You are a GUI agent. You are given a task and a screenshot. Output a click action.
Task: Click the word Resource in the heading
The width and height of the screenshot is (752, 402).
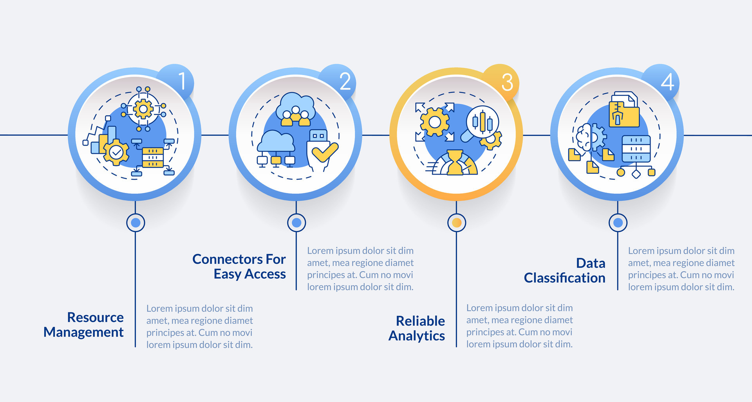click(x=95, y=317)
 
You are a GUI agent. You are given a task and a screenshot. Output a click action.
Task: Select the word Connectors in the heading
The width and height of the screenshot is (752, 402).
click(x=228, y=259)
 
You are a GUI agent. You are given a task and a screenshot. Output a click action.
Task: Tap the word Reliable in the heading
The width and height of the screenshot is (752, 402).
click(x=420, y=321)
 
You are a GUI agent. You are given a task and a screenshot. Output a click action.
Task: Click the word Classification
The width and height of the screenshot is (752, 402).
click(x=564, y=278)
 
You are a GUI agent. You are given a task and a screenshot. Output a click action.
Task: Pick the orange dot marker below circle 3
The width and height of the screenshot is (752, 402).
click(x=456, y=223)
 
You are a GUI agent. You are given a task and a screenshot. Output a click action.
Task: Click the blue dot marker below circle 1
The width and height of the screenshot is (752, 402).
click(x=136, y=223)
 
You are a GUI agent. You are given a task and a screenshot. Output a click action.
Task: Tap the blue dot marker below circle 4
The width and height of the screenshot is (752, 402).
click(x=618, y=223)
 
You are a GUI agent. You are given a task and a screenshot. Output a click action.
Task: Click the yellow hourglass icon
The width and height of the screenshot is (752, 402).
click(x=455, y=162)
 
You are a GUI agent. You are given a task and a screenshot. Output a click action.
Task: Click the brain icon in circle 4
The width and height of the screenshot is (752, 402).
click(x=585, y=137)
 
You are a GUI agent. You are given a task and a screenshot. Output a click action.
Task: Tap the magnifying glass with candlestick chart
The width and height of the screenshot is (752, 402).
click(x=481, y=123)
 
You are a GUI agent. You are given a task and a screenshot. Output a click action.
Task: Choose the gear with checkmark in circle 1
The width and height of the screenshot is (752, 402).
click(x=116, y=153)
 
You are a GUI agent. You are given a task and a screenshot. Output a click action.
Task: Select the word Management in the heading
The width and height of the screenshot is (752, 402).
click(x=83, y=332)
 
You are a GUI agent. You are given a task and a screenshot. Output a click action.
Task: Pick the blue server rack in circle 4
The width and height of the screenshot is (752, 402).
click(x=636, y=149)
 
